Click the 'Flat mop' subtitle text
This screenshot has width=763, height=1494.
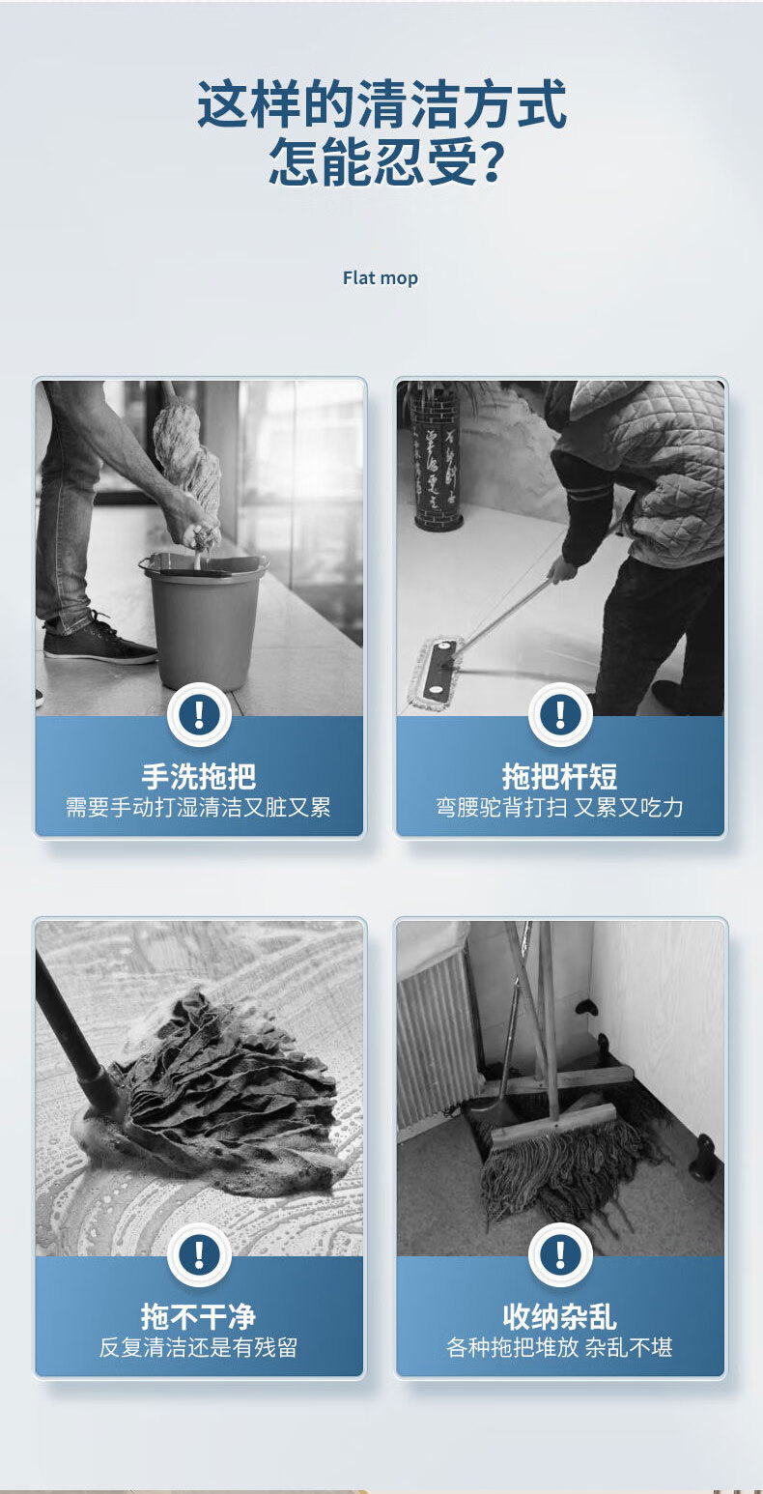point(381,278)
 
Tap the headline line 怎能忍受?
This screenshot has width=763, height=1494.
point(385,161)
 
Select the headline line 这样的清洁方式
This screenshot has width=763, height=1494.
point(381,103)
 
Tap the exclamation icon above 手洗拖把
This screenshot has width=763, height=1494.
point(199,715)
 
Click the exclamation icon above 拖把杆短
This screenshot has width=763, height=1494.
point(560,715)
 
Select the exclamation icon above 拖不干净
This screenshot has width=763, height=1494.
point(199,1255)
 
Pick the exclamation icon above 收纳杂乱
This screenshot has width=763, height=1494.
point(560,1255)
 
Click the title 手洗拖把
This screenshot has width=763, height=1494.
point(199,776)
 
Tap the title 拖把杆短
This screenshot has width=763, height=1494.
point(560,776)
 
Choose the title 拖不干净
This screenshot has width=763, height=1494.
point(199,1316)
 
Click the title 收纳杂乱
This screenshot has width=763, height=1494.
point(560,1316)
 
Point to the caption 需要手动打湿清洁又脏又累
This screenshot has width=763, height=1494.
point(199,808)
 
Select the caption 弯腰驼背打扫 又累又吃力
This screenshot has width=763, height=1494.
point(560,808)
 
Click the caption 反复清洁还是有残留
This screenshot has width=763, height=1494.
point(199,1348)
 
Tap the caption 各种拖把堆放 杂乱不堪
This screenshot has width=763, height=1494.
point(560,1348)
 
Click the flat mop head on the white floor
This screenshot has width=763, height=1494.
point(436,673)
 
